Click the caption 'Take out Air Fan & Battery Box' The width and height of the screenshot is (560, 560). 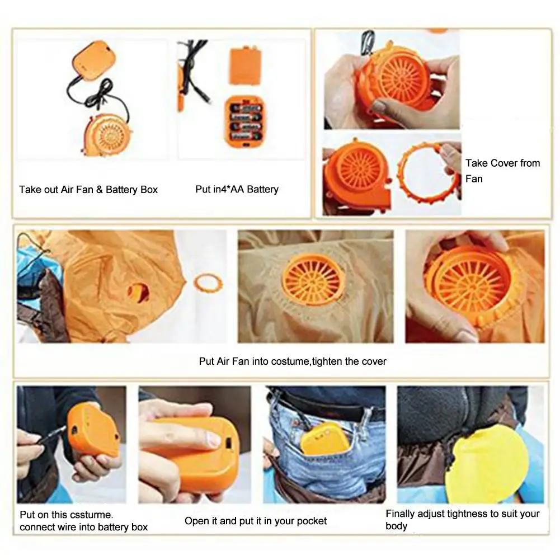tap(88, 190)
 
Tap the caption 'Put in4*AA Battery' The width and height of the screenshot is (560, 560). tap(237, 190)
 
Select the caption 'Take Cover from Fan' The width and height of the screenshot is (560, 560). tap(502, 171)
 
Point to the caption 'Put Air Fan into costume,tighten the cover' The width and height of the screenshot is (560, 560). tap(293, 361)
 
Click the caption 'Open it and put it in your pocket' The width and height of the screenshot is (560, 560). tap(256, 521)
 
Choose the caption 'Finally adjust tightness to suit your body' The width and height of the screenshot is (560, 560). tap(462, 520)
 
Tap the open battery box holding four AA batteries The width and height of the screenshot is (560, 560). tap(244, 121)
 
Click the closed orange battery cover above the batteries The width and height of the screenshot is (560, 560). tap(243, 65)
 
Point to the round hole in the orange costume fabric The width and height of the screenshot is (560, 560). tap(138, 291)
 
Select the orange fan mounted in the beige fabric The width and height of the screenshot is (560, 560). tap(313, 280)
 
